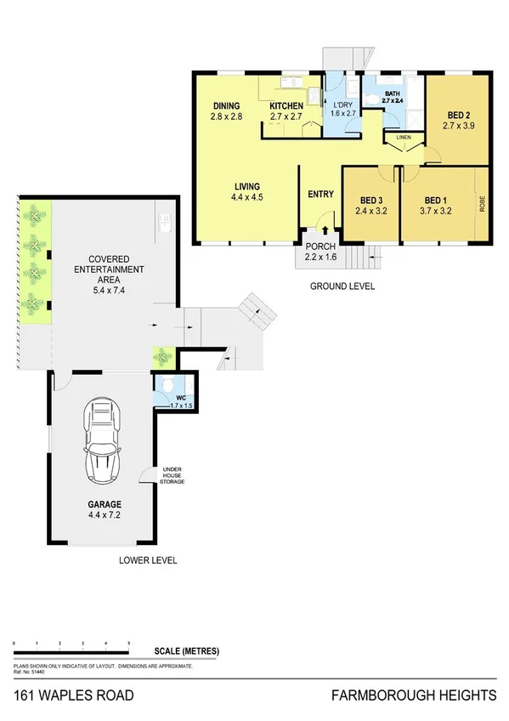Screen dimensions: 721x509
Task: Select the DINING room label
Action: (227, 105)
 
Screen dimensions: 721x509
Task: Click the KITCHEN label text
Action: (286, 105)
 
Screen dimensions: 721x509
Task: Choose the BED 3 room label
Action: (370, 201)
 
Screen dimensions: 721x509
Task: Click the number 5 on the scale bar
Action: (128, 644)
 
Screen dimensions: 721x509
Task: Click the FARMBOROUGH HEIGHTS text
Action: (413, 695)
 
